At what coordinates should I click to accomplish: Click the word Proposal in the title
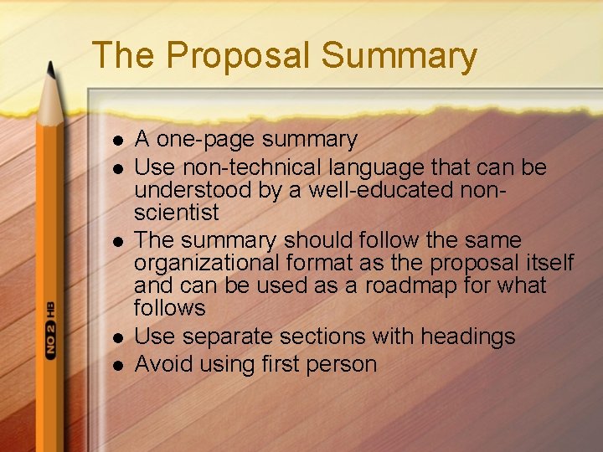tap(238, 56)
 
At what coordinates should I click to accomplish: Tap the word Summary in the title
tap(399, 56)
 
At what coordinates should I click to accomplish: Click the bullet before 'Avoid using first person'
tap(117, 366)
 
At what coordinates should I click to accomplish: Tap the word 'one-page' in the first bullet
tap(204, 140)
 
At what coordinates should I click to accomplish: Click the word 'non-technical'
tap(250, 167)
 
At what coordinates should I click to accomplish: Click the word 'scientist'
tap(177, 213)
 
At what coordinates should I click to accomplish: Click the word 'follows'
tap(169, 308)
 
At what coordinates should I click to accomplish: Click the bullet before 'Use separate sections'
tap(117, 338)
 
